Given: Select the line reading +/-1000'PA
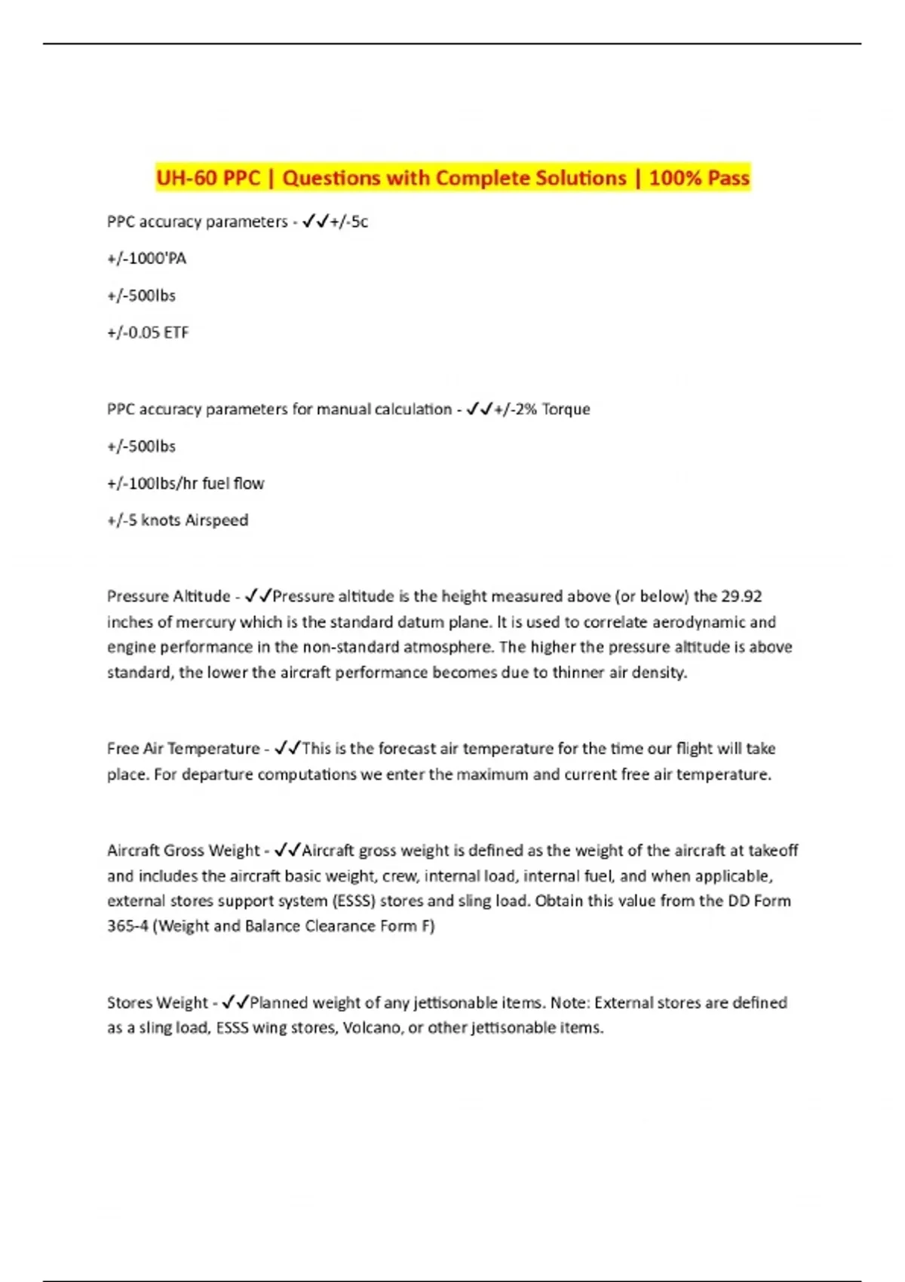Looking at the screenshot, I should coord(146,259).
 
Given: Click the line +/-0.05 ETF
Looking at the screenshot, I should coord(148,333).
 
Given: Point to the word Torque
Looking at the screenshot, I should coord(566,409).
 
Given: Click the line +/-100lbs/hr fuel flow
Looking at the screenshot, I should coord(186,483).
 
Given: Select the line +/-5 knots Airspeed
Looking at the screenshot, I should coord(177,520).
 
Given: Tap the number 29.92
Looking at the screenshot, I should coord(741,597).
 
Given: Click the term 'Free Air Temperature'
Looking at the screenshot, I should coord(183,749).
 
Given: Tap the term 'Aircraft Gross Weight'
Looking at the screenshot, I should coord(183,851).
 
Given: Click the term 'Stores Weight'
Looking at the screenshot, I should coord(157,1003).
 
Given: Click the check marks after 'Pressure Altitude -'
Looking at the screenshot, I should coord(259,597).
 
